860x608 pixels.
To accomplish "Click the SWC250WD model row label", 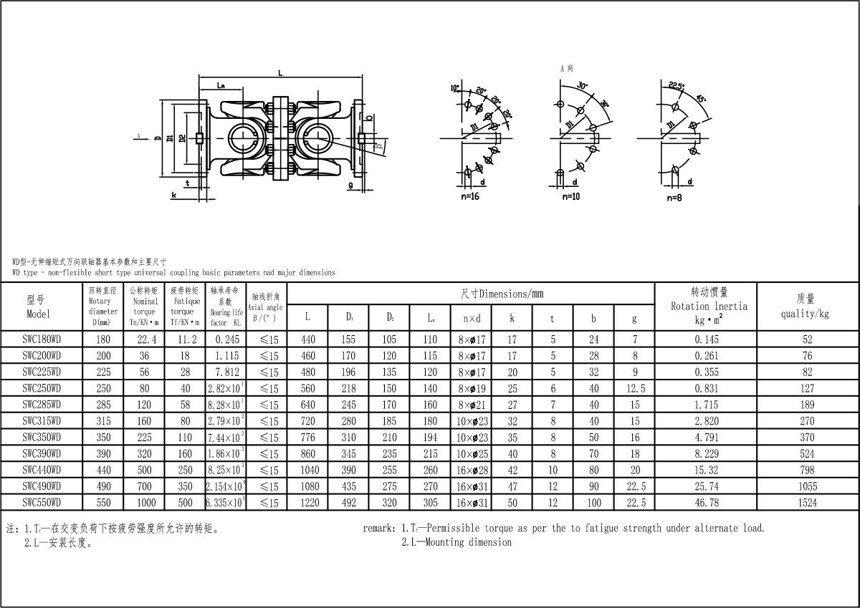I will pos(42,388).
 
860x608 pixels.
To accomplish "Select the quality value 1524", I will pos(808,503).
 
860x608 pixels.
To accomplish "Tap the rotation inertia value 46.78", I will pos(705,503).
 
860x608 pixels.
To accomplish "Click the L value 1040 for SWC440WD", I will pos(307,470).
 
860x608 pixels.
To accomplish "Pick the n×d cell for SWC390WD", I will pos(471,453).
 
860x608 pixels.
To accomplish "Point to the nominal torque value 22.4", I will pos(144,339).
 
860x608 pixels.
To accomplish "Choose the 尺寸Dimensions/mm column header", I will pos(501,294).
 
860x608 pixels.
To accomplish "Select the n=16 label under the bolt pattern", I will pos(470,196).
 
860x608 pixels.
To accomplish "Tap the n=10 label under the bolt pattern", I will pos(571,196).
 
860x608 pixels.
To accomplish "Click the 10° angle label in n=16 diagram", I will pos(454,88).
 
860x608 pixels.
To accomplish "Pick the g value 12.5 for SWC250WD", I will pos(635,388).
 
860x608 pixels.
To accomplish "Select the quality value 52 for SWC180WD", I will pos(808,339).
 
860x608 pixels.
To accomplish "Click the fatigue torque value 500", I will pos(185,503).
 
